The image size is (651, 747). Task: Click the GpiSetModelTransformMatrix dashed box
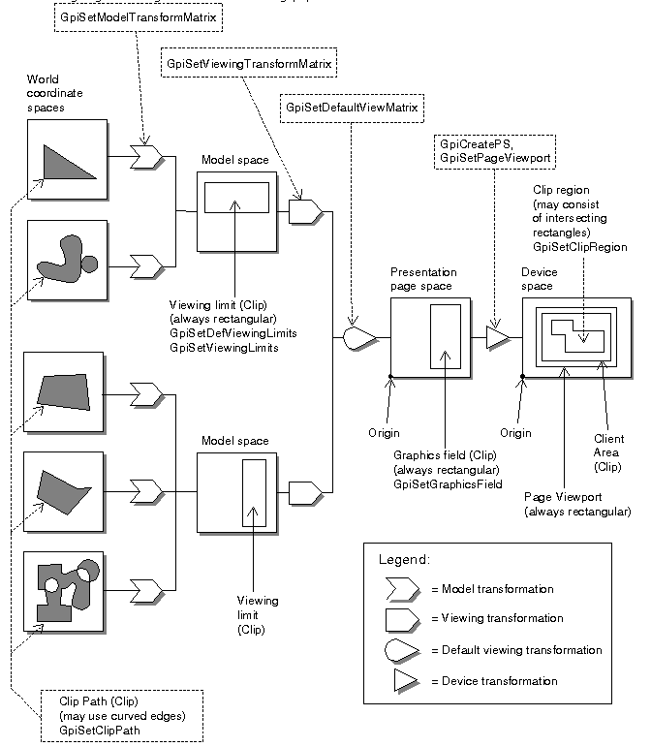click(x=139, y=17)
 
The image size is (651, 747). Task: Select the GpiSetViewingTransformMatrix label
click(x=249, y=63)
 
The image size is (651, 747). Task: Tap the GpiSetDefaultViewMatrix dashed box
click(x=352, y=109)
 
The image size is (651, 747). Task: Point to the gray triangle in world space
click(x=68, y=163)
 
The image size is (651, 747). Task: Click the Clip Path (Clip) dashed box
click(x=122, y=716)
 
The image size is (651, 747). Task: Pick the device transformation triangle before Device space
click(x=497, y=338)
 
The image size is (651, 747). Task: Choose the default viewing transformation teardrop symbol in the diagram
click(x=359, y=338)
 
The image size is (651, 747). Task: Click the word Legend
click(x=404, y=559)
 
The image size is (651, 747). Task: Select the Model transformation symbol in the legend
click(x=402, y=589)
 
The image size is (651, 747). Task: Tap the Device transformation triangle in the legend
click(x=405, y=680)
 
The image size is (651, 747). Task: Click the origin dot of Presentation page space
click(x=390, y=377)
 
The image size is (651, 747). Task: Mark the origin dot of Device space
click(x=522, y=377)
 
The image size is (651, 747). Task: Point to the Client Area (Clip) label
click(x=608, y=452)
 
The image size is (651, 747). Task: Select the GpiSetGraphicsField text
click(x=448, y=484)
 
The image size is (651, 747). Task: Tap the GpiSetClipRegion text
click(x=579, y=247)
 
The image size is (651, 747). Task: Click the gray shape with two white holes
click(x=67, y=590)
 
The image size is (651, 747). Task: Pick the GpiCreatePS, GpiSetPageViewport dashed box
click(x=495, y=151)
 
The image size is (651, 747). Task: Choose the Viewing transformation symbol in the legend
click(x=402, y=620)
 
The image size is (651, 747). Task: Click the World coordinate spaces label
click(x=54, y=93)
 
